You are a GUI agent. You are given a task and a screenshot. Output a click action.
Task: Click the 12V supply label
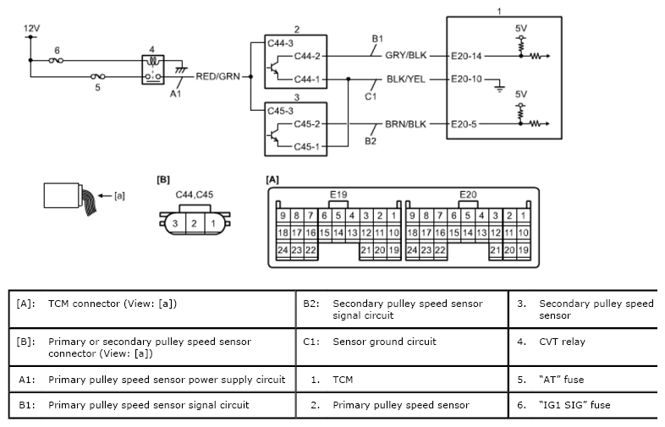[x=33, y=28]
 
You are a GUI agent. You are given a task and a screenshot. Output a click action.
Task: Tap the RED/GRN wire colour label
[x=217, y=76]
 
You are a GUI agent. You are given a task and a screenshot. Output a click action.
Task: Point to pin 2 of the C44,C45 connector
[x=194, y=223]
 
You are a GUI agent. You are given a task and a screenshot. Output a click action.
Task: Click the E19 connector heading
[x=338, y=194]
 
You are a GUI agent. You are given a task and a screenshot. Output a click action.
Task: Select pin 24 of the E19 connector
[x=283, y=249]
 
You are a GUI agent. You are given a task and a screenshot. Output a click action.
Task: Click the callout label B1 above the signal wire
[x=377, y=39]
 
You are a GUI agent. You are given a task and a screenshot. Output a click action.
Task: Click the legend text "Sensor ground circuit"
[x=385, y=342]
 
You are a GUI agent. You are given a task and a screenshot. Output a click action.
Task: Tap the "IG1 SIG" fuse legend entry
[x=574, y=405]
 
